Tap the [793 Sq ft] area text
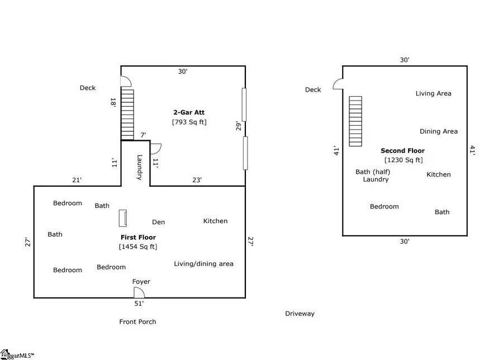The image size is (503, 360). (189, 122)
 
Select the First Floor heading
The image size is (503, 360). (137, 238)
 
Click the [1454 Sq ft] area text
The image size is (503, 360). (137, 247)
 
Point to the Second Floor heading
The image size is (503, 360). (402, 151)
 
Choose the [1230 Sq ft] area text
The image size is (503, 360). (402, 160)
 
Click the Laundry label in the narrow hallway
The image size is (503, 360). (139, 167)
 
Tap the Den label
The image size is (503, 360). (158, 222)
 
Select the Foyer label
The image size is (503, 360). (141, 282)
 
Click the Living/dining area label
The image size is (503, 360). (203, 264)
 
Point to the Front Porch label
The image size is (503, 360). (137, 322)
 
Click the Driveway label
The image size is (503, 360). (300, 314)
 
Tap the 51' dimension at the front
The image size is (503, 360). (139, 304)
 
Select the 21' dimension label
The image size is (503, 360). (77, 180)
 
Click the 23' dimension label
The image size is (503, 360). (197, 180)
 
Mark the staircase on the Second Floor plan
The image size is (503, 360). (355, 121)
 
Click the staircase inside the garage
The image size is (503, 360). (128, 115)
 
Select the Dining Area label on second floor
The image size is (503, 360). (438, 132)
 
